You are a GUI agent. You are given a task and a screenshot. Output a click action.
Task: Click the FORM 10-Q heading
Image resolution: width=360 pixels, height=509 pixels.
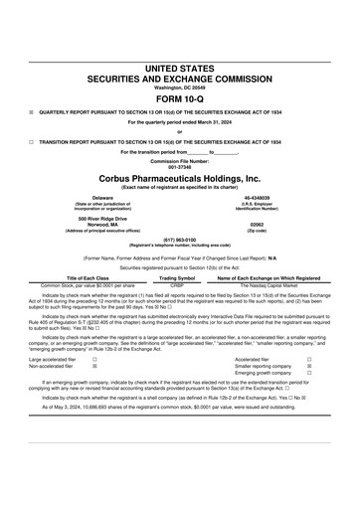pyautogui.click(x=180, y=100)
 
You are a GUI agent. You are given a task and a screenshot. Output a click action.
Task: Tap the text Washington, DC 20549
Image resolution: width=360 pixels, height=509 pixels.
pyautogui.click(x=180, y=87)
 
